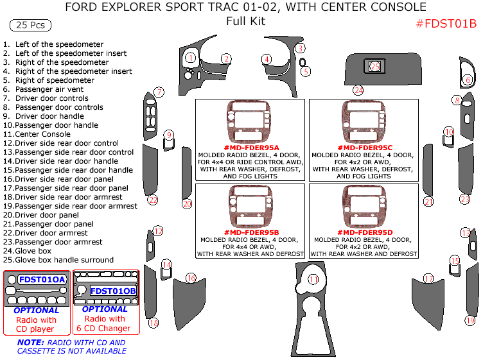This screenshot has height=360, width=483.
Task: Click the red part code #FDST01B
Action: pyautogui.click(x=446, y=24)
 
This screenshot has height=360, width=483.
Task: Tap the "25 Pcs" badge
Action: pyautogui.click(x=30, y=26)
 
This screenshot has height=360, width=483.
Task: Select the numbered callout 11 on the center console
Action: pyautogui.click(x=313, y=279)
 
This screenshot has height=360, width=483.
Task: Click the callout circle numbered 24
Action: pyautogui.click(x=358, y=90)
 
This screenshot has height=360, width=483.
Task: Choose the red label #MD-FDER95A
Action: pyautogui.click(x=252, y=148)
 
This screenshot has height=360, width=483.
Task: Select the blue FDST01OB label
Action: pyautogui.click(x=113, y=291)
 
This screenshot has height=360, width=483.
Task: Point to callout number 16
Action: pyautogui.click(x=191, y=278)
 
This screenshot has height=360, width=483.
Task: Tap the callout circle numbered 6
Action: pyautogui.click(x=468, y=80)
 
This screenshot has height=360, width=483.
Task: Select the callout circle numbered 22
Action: pyautogui.click(x=153, y=200)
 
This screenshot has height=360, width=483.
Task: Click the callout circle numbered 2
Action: pyautogui.click(x=226, y=58)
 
